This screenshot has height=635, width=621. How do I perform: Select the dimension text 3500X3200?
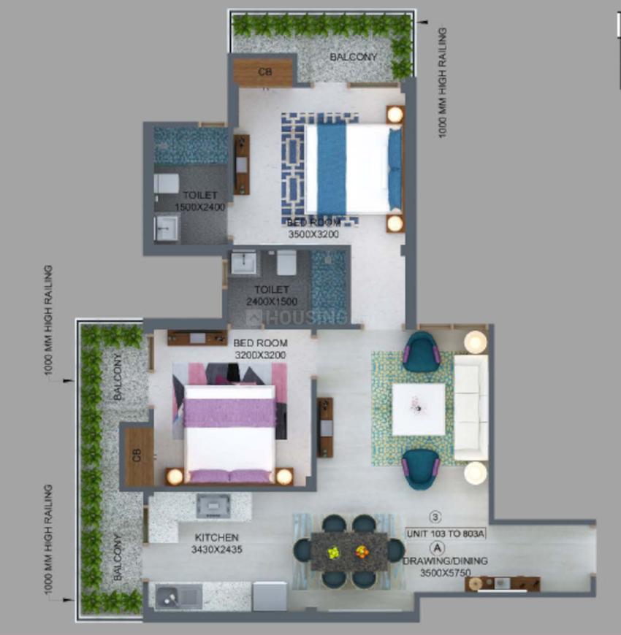(313, 234)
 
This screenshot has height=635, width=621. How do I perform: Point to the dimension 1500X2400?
(199, 207)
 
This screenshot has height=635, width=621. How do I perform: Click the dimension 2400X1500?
(271, 301)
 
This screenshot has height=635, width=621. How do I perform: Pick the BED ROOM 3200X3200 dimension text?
(260, 355)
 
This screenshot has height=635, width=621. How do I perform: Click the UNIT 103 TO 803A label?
(446, 533)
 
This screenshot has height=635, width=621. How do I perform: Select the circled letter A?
(437, 547)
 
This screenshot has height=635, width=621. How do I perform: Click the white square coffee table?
(419, 409)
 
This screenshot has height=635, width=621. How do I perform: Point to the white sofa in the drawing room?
(470, 407)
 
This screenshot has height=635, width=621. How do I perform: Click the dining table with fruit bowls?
(349, 550)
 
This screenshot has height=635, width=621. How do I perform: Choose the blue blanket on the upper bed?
(332, 168)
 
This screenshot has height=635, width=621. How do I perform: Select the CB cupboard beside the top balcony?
(264, 72)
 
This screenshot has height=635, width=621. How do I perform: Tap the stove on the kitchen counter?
(214, 504)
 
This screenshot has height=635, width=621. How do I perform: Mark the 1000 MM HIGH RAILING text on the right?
(442, 82)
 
